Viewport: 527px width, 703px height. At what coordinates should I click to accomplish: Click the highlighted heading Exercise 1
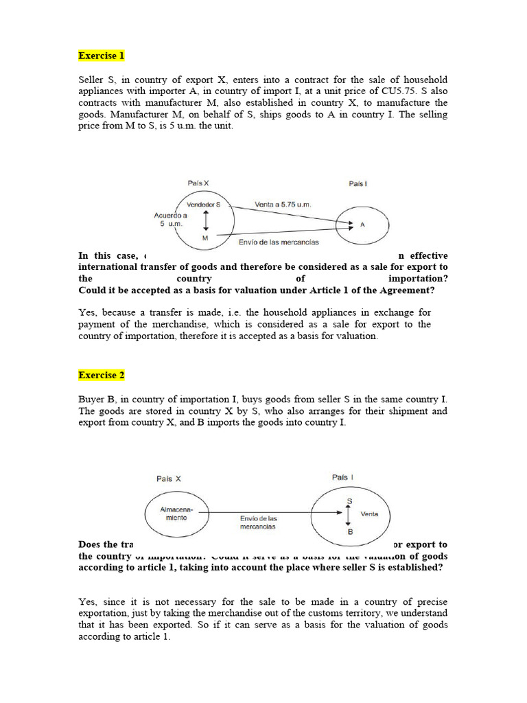click(x=102, y=56)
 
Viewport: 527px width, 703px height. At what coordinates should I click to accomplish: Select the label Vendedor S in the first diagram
click(x=204, y=205)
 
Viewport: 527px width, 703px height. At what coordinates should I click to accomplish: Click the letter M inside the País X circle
click(x=205, y=237)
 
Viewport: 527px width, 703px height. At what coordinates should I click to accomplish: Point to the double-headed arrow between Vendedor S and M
click(x=205, y=220)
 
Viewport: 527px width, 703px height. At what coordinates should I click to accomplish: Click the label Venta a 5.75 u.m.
click(x=283, y=204)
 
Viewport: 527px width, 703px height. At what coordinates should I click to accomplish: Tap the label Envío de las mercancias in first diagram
click(x=279, y=242)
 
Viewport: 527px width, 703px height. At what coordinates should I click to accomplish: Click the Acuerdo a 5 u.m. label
click(x=170, y=219)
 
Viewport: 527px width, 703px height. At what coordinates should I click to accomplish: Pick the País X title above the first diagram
click(x=198, y=183)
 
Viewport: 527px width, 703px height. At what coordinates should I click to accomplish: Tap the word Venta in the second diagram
click(x=369, y=514)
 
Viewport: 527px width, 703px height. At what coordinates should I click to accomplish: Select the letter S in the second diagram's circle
click(x=349, y=501)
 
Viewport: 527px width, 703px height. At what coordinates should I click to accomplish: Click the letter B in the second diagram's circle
click(x=349, y=531)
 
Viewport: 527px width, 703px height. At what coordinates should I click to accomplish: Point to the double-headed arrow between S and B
click(x=349, y=516)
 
